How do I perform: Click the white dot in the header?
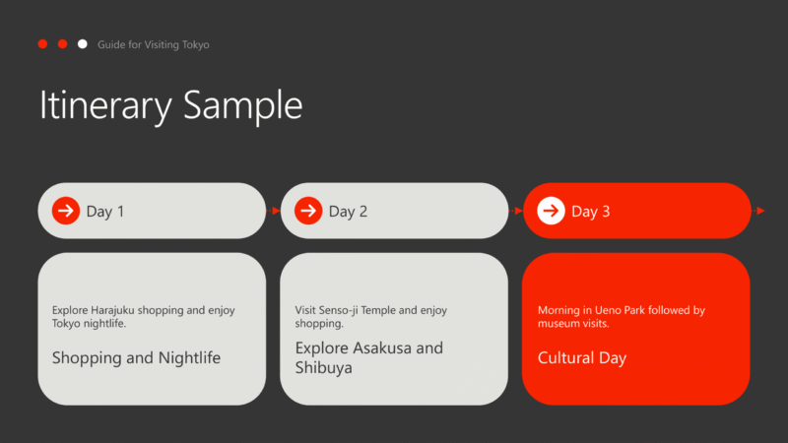pos(83,44)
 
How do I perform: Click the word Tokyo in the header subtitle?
pos(195,44)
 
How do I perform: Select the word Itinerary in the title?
pos(105,105)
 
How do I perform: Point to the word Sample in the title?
pos(242,105)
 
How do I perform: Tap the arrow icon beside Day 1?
pos(66,211)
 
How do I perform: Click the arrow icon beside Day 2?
pos(308,211)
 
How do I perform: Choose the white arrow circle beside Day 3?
pos(551,211)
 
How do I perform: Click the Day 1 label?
pos(105,212)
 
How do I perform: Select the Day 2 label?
pos(348,212)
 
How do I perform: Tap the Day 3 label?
pos(590,212)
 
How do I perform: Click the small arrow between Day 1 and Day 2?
pos(273,211)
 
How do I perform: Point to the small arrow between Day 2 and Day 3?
pos(515,211)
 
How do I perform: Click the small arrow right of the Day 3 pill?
pos(758,211)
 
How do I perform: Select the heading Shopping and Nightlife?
pos(136,358)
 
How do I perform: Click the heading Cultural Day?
pos(582,358)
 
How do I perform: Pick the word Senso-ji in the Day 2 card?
pos(339,310)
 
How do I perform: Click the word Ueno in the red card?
pos(608,310)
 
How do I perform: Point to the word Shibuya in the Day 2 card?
pos(324,368)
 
